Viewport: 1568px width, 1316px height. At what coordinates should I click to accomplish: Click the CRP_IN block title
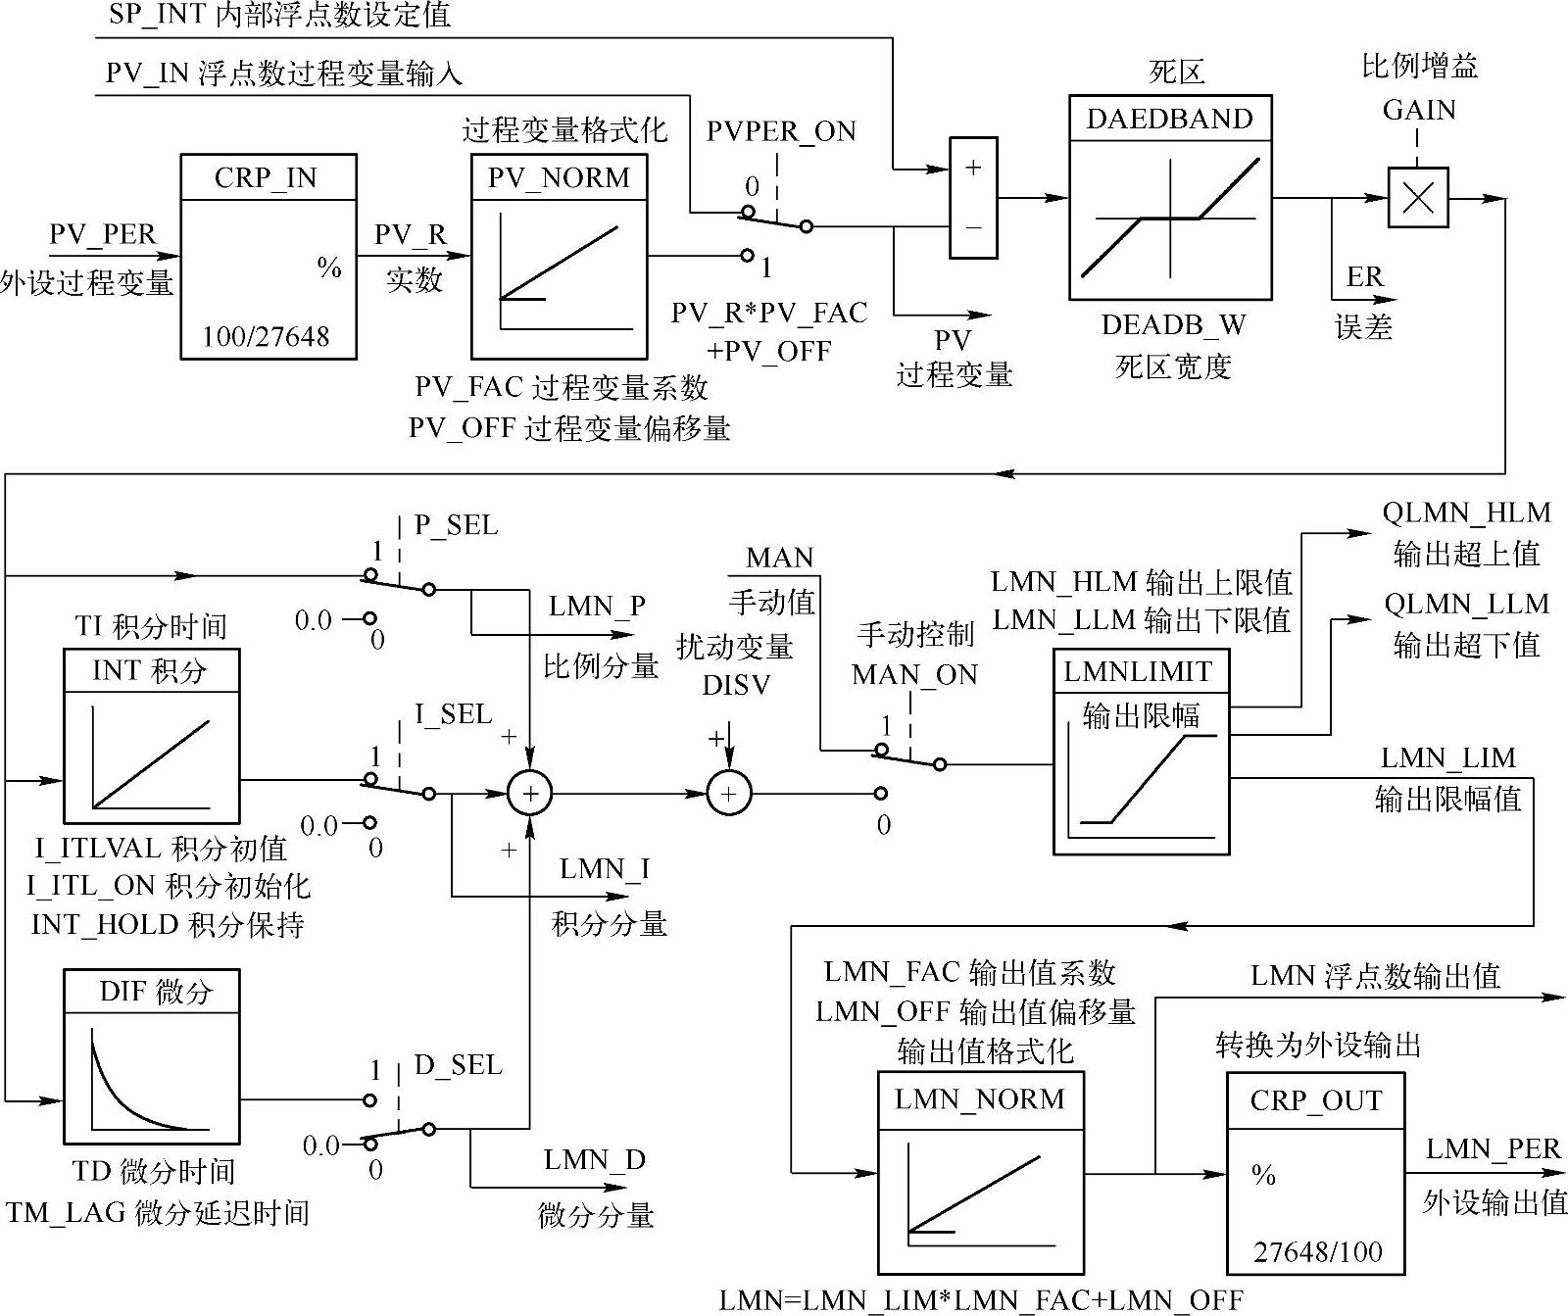tap(267, 177)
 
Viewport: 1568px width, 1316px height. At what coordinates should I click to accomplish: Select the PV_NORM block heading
tap(559, 177)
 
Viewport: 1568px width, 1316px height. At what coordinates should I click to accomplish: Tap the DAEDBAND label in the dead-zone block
tap(1169, 119)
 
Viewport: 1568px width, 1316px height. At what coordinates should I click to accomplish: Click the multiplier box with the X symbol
tap(1417, 198)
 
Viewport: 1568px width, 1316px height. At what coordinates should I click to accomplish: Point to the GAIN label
tap(1418, 110)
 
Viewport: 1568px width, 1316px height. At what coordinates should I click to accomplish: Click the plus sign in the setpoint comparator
tap(973, 168)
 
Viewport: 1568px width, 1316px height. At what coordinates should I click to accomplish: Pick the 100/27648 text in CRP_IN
tap(267, 336)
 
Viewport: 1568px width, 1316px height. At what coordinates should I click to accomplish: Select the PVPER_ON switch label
tap(780, 131)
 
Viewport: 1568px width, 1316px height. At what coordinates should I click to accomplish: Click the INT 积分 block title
tap(150, 670)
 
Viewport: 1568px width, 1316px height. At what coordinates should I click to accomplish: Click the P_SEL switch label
tap(456, 525)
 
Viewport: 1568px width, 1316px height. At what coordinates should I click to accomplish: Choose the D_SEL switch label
tap(458, 1065)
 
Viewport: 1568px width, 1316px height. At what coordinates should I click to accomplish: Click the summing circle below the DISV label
tap(728, 794)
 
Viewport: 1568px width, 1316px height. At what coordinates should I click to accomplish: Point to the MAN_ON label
tap(914, 674)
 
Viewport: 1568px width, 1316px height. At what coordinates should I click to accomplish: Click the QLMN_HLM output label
tap(1466, 512)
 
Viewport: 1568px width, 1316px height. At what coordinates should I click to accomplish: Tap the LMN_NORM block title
tap(979, 1098)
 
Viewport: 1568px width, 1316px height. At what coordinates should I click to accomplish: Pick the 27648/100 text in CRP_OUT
tap(1317, 1251)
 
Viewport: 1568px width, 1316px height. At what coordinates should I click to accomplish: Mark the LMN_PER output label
tap(1493, 1148)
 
